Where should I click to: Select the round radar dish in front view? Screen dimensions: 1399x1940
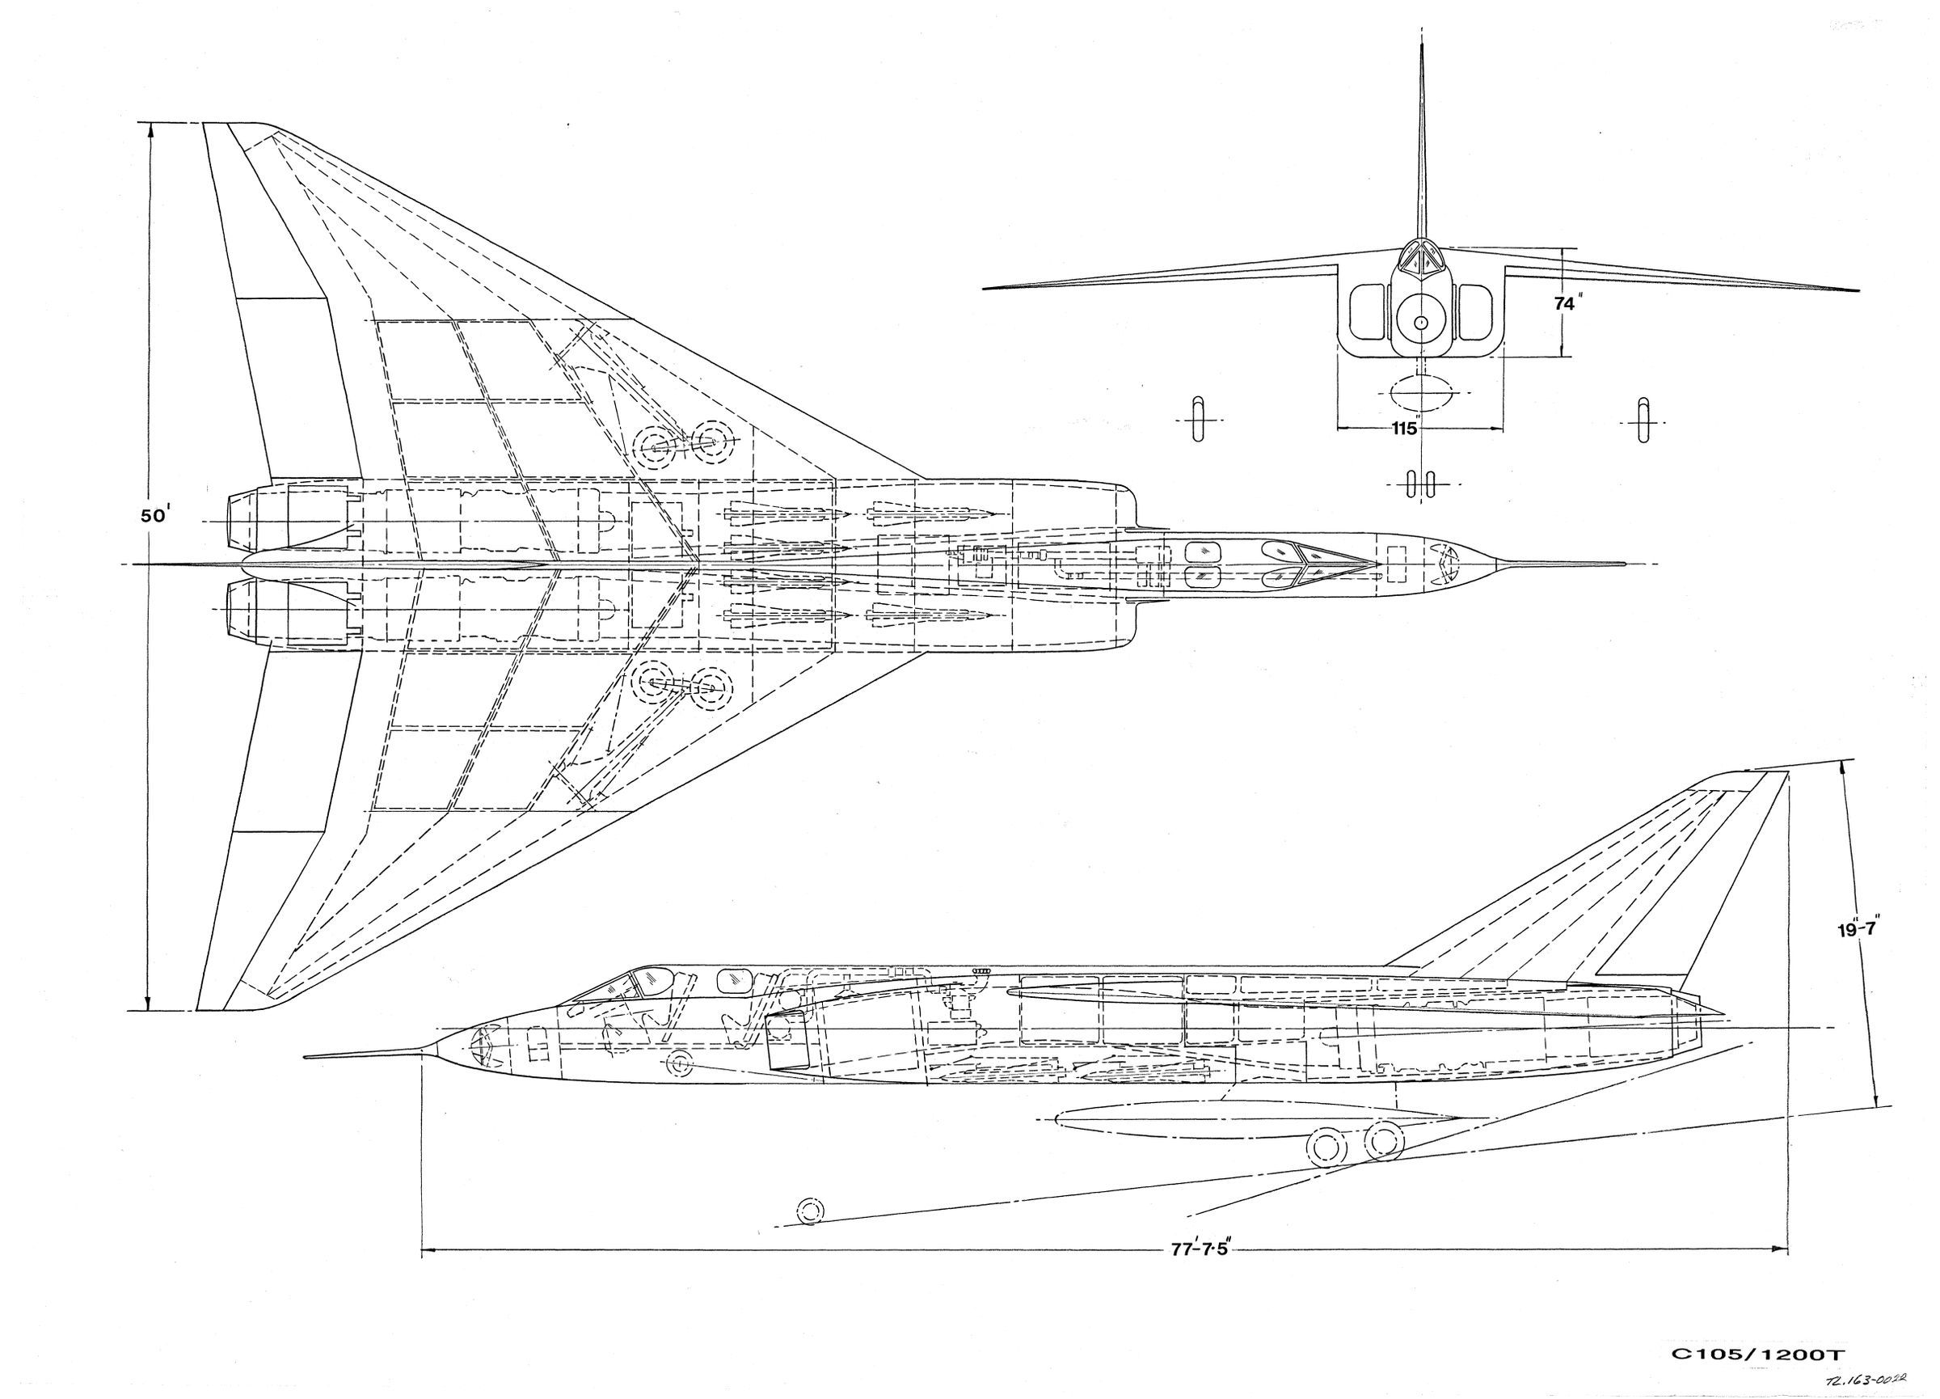tap(1421, 322)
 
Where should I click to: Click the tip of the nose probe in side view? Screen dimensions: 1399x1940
tap(306, 1057)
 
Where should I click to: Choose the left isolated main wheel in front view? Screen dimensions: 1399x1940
tap(1200, 419)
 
